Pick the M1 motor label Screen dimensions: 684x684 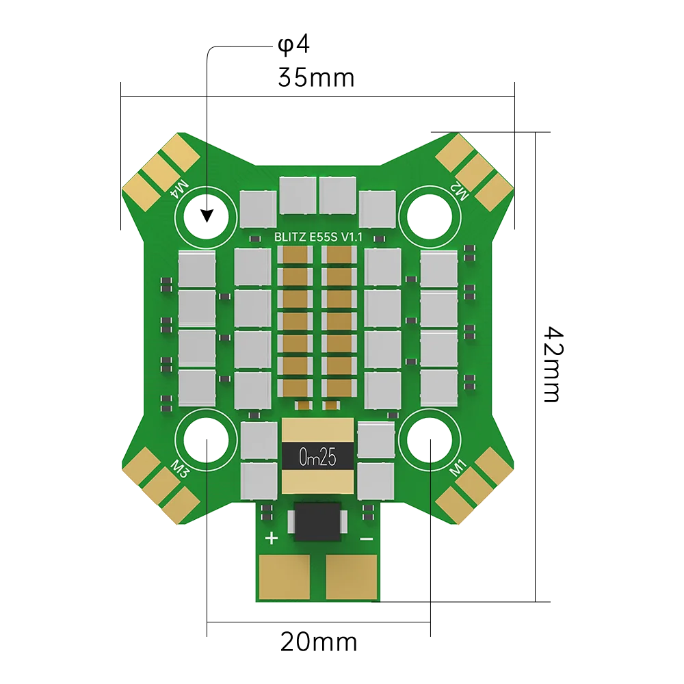point(458,469)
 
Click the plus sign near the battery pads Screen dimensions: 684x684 point(271,538)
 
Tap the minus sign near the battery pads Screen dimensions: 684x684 point(366,538)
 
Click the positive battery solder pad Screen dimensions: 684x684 point(288,575)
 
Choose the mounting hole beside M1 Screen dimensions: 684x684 point(430,440)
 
